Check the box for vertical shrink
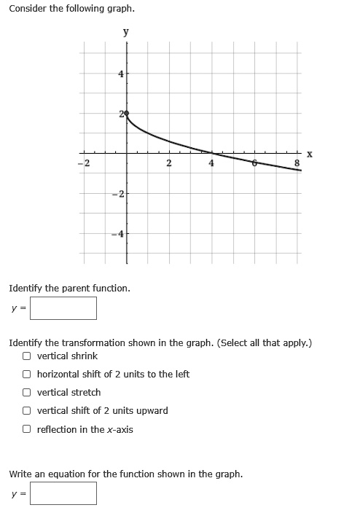tap(26, 356)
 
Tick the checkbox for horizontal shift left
tap(26, 375)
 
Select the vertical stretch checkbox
tap(26, 393)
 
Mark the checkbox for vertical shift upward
tap(26, 411)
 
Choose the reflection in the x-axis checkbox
tap(26, 429)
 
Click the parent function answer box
tap(63, 308)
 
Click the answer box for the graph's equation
tap(63, 493)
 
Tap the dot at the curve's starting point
tap(126, 114)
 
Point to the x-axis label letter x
tap(310, 153)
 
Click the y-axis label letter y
tap(126, 31)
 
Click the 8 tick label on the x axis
tap(297, 163)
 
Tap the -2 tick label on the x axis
tap(84, 163)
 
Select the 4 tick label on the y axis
tap(121, 74)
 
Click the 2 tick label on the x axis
tap(168, 163)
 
